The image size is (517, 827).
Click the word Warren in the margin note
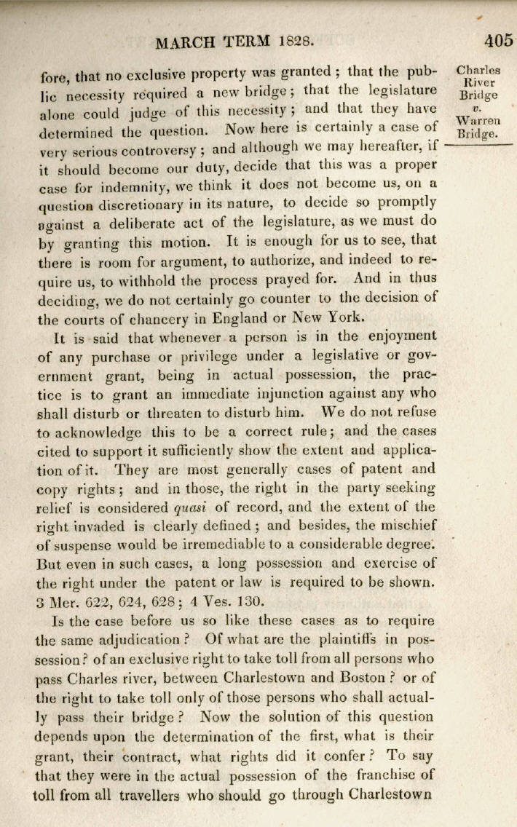pos(478,121)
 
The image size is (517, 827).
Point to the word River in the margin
pos(478,83)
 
